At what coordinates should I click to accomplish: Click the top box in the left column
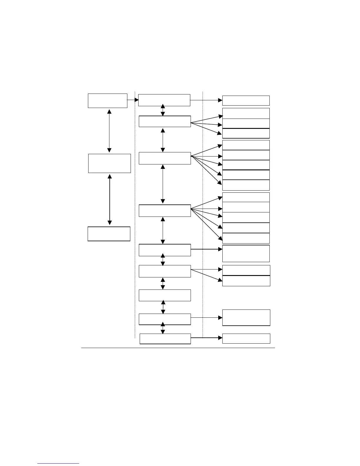(x=107, y=101)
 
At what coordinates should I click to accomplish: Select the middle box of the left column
(x=109, y=163)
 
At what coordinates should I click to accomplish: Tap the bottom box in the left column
(x=109, y=234)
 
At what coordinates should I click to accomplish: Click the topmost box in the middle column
(x=164, y=100)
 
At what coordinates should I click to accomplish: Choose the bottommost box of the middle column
(x=165, y=339)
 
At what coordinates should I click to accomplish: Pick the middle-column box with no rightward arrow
(x=165, y=295)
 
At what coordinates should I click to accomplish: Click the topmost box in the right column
(x=246, y=100)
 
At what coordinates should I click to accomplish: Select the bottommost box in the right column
(x=246, y=338)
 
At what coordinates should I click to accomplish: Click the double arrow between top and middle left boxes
(x=109, y=131)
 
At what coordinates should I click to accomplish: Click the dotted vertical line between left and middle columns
(x=135, y=215)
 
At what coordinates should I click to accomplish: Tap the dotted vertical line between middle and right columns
(x=203, y=215)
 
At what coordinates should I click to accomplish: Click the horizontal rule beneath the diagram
(x=178, y=348)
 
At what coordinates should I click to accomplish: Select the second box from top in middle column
(x=165, y=121)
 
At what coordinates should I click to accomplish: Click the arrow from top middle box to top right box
(x=206, y=100)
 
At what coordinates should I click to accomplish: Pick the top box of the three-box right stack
(x=246, y=113)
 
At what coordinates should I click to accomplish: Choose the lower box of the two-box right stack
(x=246, y=281)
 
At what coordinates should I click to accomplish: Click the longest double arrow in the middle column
(x=163, y=184)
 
